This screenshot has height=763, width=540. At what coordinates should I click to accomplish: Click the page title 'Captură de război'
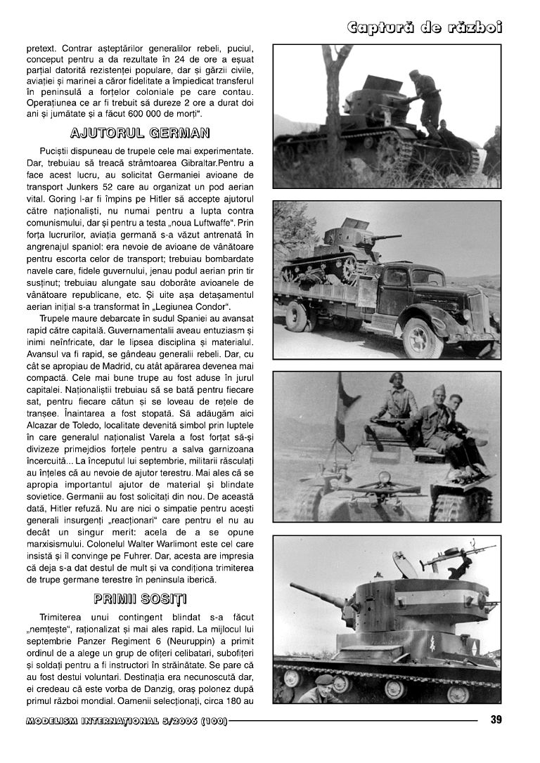pyautogui.click(x=425, y=27)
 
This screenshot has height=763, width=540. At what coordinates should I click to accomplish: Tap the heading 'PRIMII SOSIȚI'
pyautogui.click(x=141, y=599)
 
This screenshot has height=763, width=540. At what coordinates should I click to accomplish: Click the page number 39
pyautogui.click(x=496, y=719)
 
